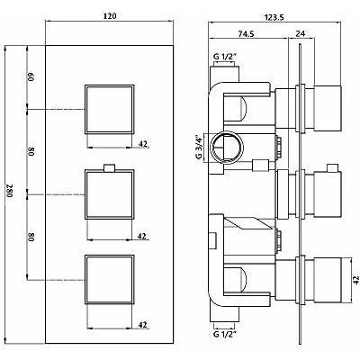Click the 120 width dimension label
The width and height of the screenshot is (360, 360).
tap(110, 16)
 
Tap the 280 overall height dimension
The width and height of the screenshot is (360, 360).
tap(10, 190)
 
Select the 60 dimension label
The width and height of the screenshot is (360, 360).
tap(31, 76)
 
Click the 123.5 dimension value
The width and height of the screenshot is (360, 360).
tap(274, 17)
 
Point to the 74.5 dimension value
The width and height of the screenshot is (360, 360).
tap(247, 34)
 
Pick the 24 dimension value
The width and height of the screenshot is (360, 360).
tap(301, 34)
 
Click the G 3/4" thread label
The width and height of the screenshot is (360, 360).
tap(198, 148)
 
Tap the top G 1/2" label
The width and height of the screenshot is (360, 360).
tap(225, 57)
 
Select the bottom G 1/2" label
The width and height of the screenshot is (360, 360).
tap(225, 334)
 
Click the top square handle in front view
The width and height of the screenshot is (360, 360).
tap(110, 109)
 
